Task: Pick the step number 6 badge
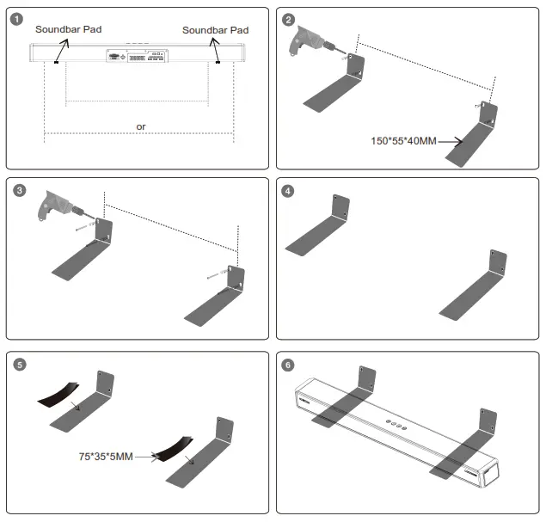[290, 364]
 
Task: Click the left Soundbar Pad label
[68, 29]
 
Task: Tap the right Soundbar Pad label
[215, 30]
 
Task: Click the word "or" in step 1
[141, 126]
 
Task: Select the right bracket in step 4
[473, 288]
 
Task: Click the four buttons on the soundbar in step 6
[396, 423]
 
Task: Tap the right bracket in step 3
[219, 297]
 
